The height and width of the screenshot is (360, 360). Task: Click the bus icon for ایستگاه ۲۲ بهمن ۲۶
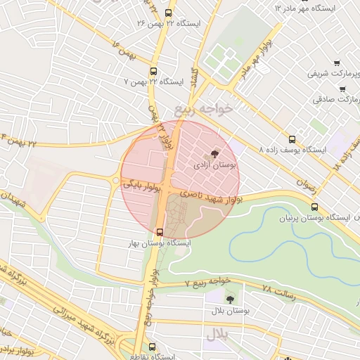coord(167,13)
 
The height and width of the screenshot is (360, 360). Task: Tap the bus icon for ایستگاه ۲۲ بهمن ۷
coord(153,71)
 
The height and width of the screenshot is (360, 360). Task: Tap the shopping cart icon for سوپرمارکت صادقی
coord(342,89)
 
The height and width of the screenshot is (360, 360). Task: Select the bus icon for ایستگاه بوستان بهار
coord(160,231)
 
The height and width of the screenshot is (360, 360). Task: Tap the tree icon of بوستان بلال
coord(230,298)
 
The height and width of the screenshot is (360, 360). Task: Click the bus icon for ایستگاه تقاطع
coord(152,347)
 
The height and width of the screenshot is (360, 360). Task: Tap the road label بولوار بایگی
coord(143,185)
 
